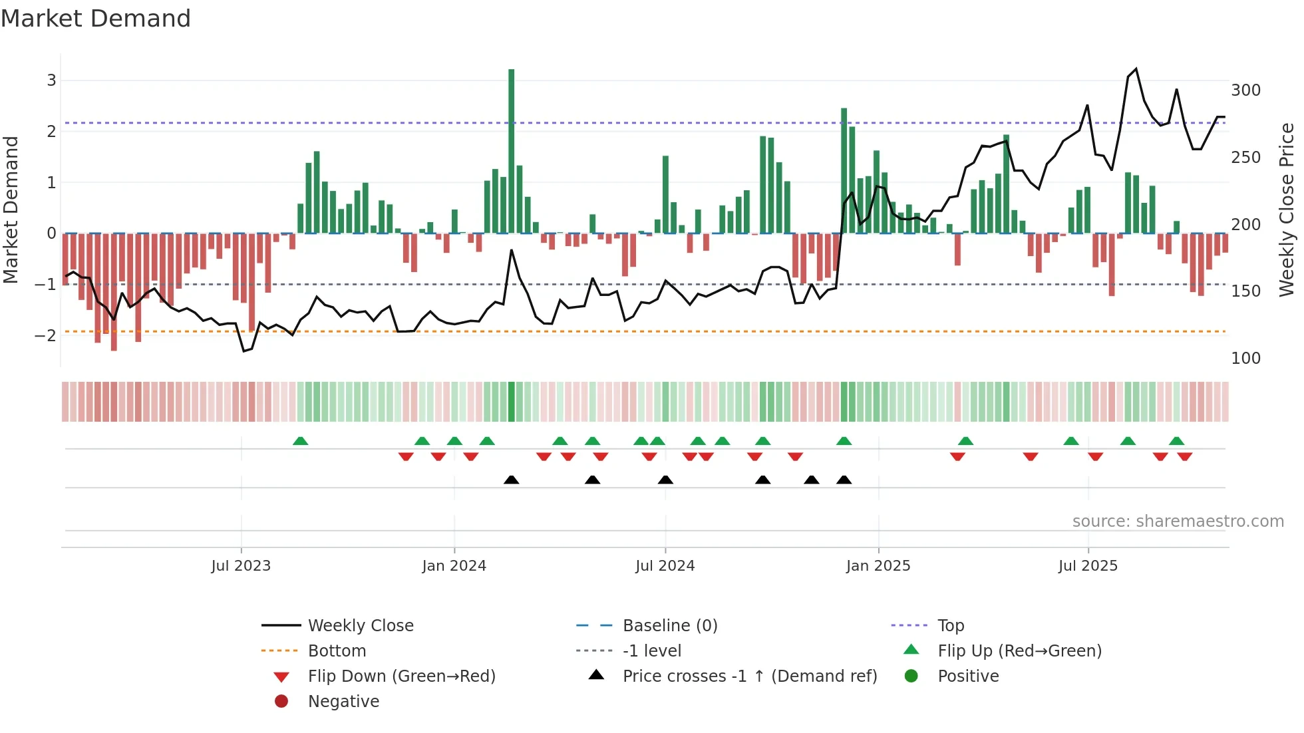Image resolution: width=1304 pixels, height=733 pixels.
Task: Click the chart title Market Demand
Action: pos(96,19)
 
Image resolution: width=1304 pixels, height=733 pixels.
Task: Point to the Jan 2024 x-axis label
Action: pos(454,566)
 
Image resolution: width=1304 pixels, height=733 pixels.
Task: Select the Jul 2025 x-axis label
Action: pos(1088,566)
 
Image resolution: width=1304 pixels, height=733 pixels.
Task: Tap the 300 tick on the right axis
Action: pos(1245,90)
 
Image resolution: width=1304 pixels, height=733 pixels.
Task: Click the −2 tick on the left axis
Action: pos(45,335)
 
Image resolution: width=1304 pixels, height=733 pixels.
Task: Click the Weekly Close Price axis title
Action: pos(1287,210)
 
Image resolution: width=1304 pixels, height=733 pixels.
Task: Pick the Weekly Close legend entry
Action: pos(360,626)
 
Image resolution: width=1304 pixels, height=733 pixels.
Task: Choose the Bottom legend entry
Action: pos(337,651)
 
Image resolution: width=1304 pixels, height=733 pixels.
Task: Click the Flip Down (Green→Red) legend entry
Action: pos(401,676)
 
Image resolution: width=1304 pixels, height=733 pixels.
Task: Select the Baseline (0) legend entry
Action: pos(669,626)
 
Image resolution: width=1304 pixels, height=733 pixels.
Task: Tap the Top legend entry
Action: pos(951,626)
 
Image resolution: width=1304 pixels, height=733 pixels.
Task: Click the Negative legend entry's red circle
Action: pos(281,702)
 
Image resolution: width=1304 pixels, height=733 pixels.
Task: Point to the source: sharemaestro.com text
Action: pos(1178,521)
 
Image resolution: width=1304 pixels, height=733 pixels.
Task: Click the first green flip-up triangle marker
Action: pos(300,441)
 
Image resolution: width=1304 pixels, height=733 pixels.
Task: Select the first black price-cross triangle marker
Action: pos(511,480)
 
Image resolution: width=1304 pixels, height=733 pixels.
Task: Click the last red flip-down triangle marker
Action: pos(1184,456)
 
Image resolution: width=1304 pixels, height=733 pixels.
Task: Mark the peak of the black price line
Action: pos(1136,69)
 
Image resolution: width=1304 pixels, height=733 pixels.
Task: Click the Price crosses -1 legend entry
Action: pos(749,676)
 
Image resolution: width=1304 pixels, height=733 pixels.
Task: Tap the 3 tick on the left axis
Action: pos(51,80)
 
